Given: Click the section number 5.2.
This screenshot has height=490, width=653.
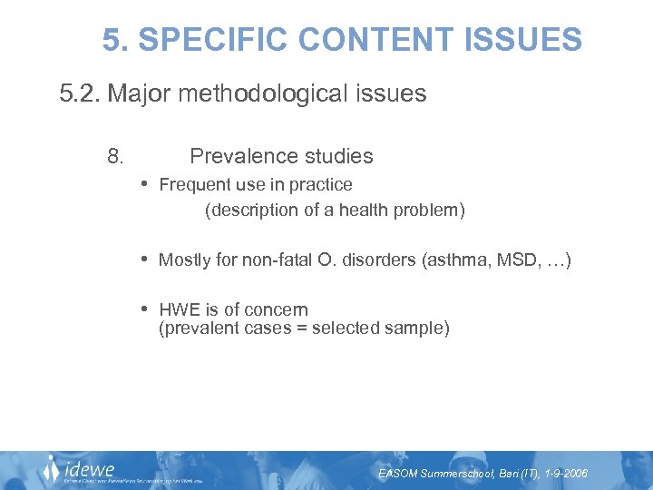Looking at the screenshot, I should (79, 93).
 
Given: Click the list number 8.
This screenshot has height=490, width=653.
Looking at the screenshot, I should (115, 156).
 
